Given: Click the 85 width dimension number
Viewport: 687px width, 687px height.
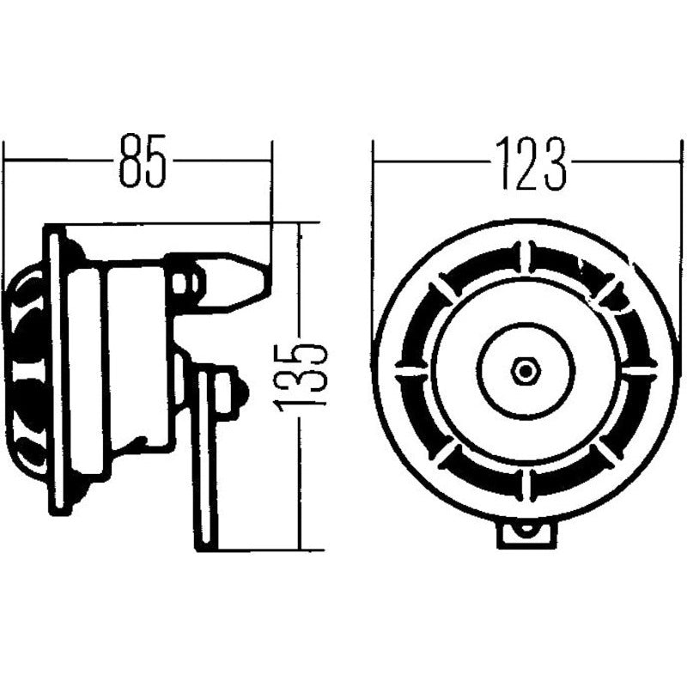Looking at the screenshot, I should (142, 160).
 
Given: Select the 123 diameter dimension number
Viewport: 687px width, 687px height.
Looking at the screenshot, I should (529, 162).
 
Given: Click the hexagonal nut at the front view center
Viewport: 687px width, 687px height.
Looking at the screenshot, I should (524, 371).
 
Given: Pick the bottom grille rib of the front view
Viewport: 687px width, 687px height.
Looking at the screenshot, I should (525, 484).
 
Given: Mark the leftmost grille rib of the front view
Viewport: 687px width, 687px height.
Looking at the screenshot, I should (410, 371).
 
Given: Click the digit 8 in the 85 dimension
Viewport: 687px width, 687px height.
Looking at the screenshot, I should (130, 160).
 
